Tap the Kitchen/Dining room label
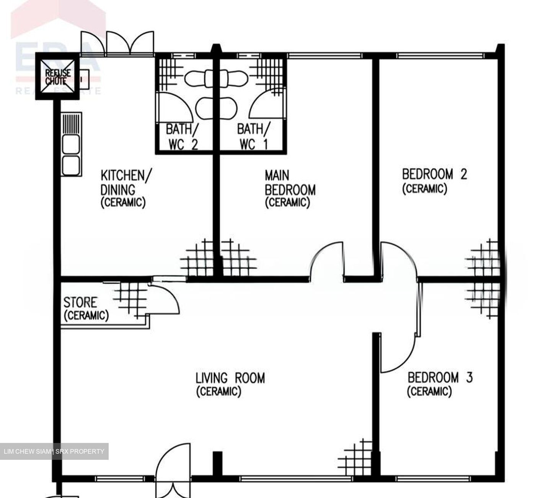point(125,188)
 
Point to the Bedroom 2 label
point(434,181)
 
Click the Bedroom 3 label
point(440,384)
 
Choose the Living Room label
point(230,384)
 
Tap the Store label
point(86,308)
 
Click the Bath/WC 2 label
point(182,136)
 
